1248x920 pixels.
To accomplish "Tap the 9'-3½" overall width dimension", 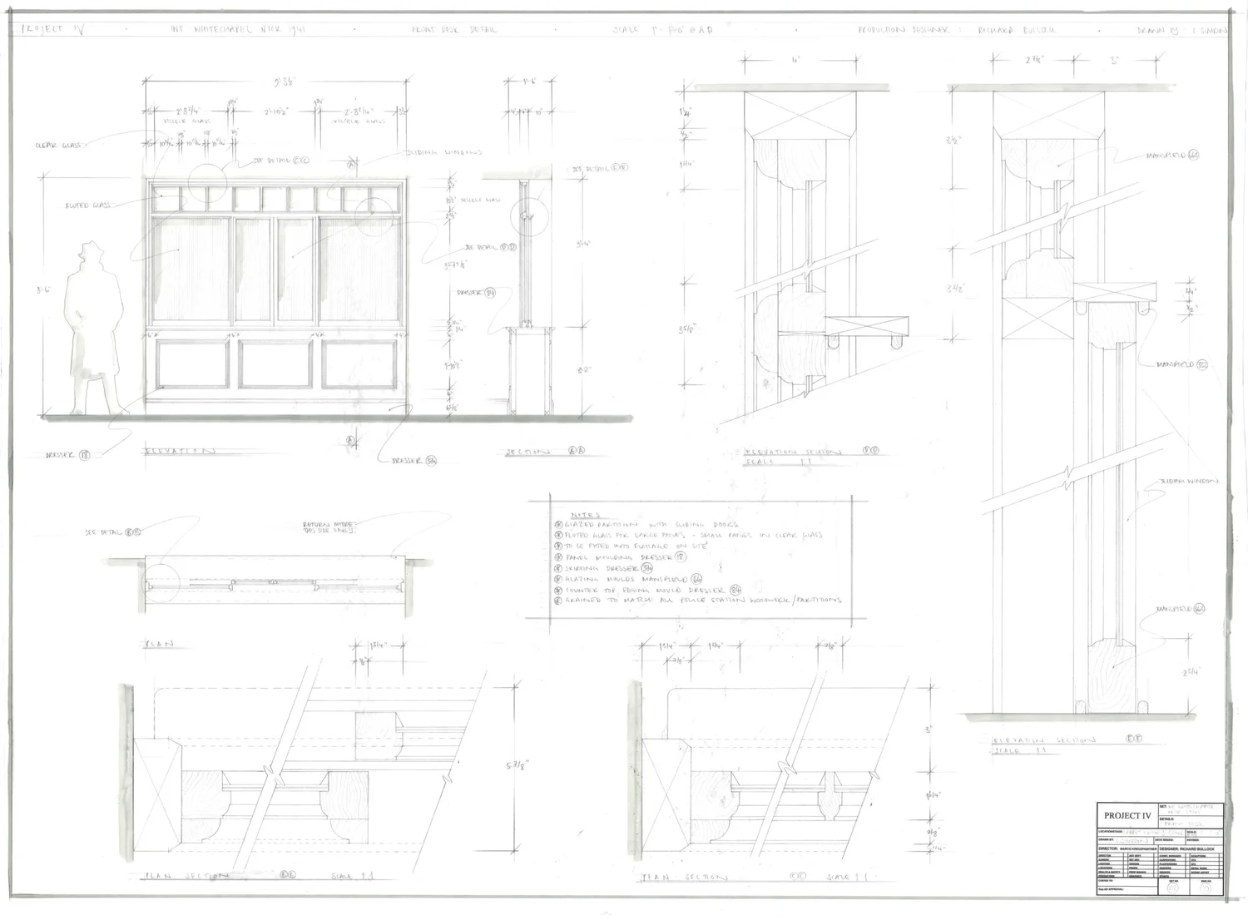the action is pyautogui.click(x=276, y=82).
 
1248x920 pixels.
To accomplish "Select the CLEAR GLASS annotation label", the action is pyautogui.click(x=57, y=145).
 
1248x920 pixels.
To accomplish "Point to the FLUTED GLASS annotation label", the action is pyautogui.click(x=88, y=205).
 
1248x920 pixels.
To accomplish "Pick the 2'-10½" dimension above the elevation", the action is pyautogui.click(x=276, y=111).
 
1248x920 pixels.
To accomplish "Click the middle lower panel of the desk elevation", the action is pyautogui.click(x=275, y=364).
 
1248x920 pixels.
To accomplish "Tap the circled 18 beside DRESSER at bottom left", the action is pyautogui.click(x=84, y=455).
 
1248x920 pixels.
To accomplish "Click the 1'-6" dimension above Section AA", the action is pyautogui.click(x=530, y=82).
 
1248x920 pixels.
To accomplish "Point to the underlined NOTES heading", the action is pyautogui.click(x=586, y=515).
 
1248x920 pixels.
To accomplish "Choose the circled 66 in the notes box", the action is pyautogui.click(x=696, y=578).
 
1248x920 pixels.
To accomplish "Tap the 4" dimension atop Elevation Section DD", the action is pyautogui.click(x=795, y=60).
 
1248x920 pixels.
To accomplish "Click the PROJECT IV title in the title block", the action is pyautogui.click(x=1127, y=815).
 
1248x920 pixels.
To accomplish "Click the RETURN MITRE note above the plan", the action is pyautogui.click(x=330, y=527).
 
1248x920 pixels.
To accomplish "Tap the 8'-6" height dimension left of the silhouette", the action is pyautogui.click(x=44, y=289).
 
